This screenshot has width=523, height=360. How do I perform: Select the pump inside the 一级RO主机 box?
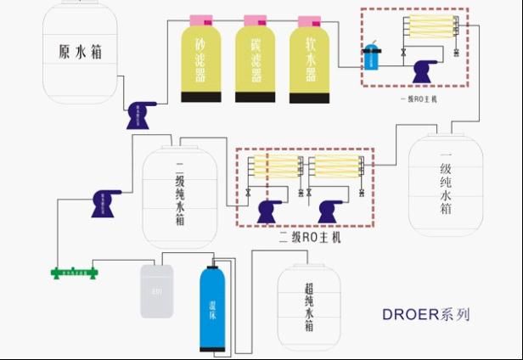[x=425, y=72]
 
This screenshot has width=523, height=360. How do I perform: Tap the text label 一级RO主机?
[x=418, y=98]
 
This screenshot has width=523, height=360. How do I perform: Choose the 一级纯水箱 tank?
[x=442, y=185]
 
